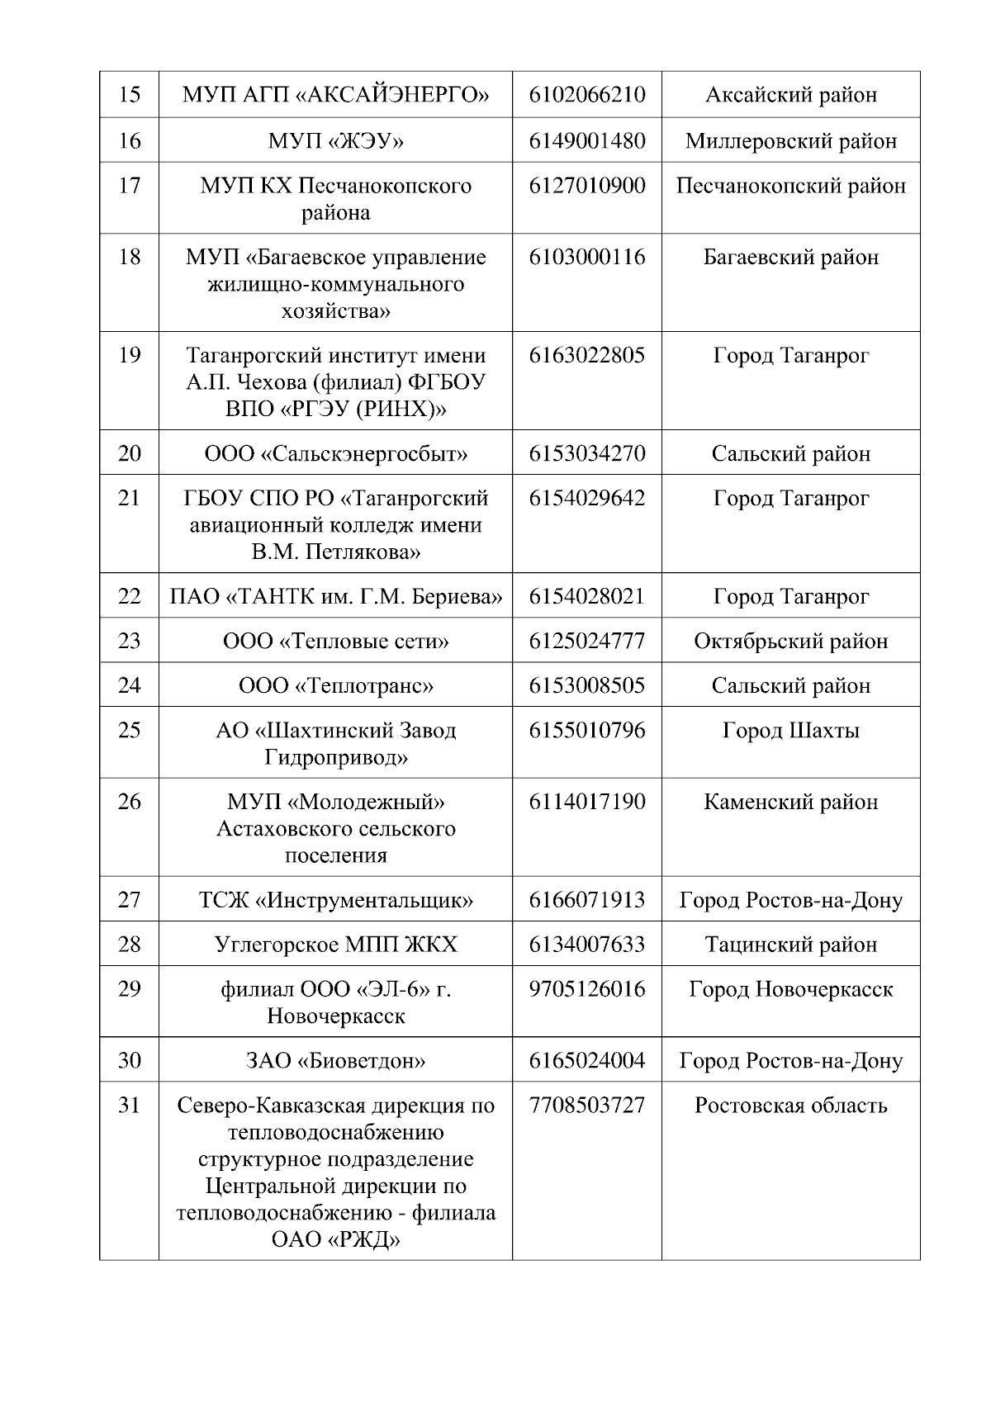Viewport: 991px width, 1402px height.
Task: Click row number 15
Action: pyautogui.click(x=130, y=95)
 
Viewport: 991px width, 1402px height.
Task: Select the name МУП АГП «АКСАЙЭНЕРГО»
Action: pyautogui.click(x=336, y=95)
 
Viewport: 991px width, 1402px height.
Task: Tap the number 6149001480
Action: pyautogui.click(x=587, y=140)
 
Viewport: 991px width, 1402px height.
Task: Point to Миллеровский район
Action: pyautogui.click(x=790, y=141)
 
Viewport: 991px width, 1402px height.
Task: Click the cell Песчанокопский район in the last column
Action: pyautogui.click(x=790, y=186)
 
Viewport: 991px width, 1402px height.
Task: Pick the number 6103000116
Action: pyautogui.click(x=587, y=257)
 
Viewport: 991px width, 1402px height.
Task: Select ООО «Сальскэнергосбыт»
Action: pyautogui.click(x=336, y=454)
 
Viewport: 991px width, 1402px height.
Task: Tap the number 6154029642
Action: pyautogui.click(x=587, y=499)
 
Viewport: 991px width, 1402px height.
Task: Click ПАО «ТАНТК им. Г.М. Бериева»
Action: pyautogui.click(x=336, y=597)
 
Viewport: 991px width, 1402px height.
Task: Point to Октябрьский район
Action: pyautogui.click(x=790, y=642)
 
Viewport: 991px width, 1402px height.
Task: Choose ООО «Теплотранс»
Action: pyautogui.click(x=336, y=686)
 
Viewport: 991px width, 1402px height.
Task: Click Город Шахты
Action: pyautogui.click(x=790, y=731)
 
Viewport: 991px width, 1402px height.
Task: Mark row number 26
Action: pyautogui.click(x=130, y=802)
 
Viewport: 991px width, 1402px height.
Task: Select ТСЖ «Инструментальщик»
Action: pyautogui.click(x=336, y=900)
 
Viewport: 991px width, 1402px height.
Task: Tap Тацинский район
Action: pyautogui.click(x=790, y=945)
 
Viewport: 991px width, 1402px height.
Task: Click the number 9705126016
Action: pyautogui.click(x=587, y=989)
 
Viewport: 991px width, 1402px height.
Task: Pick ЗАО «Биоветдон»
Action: pyautogui.click(x=336, y=1061)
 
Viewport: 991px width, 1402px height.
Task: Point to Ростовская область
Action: pyautogui.click(x=790, y=1106)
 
